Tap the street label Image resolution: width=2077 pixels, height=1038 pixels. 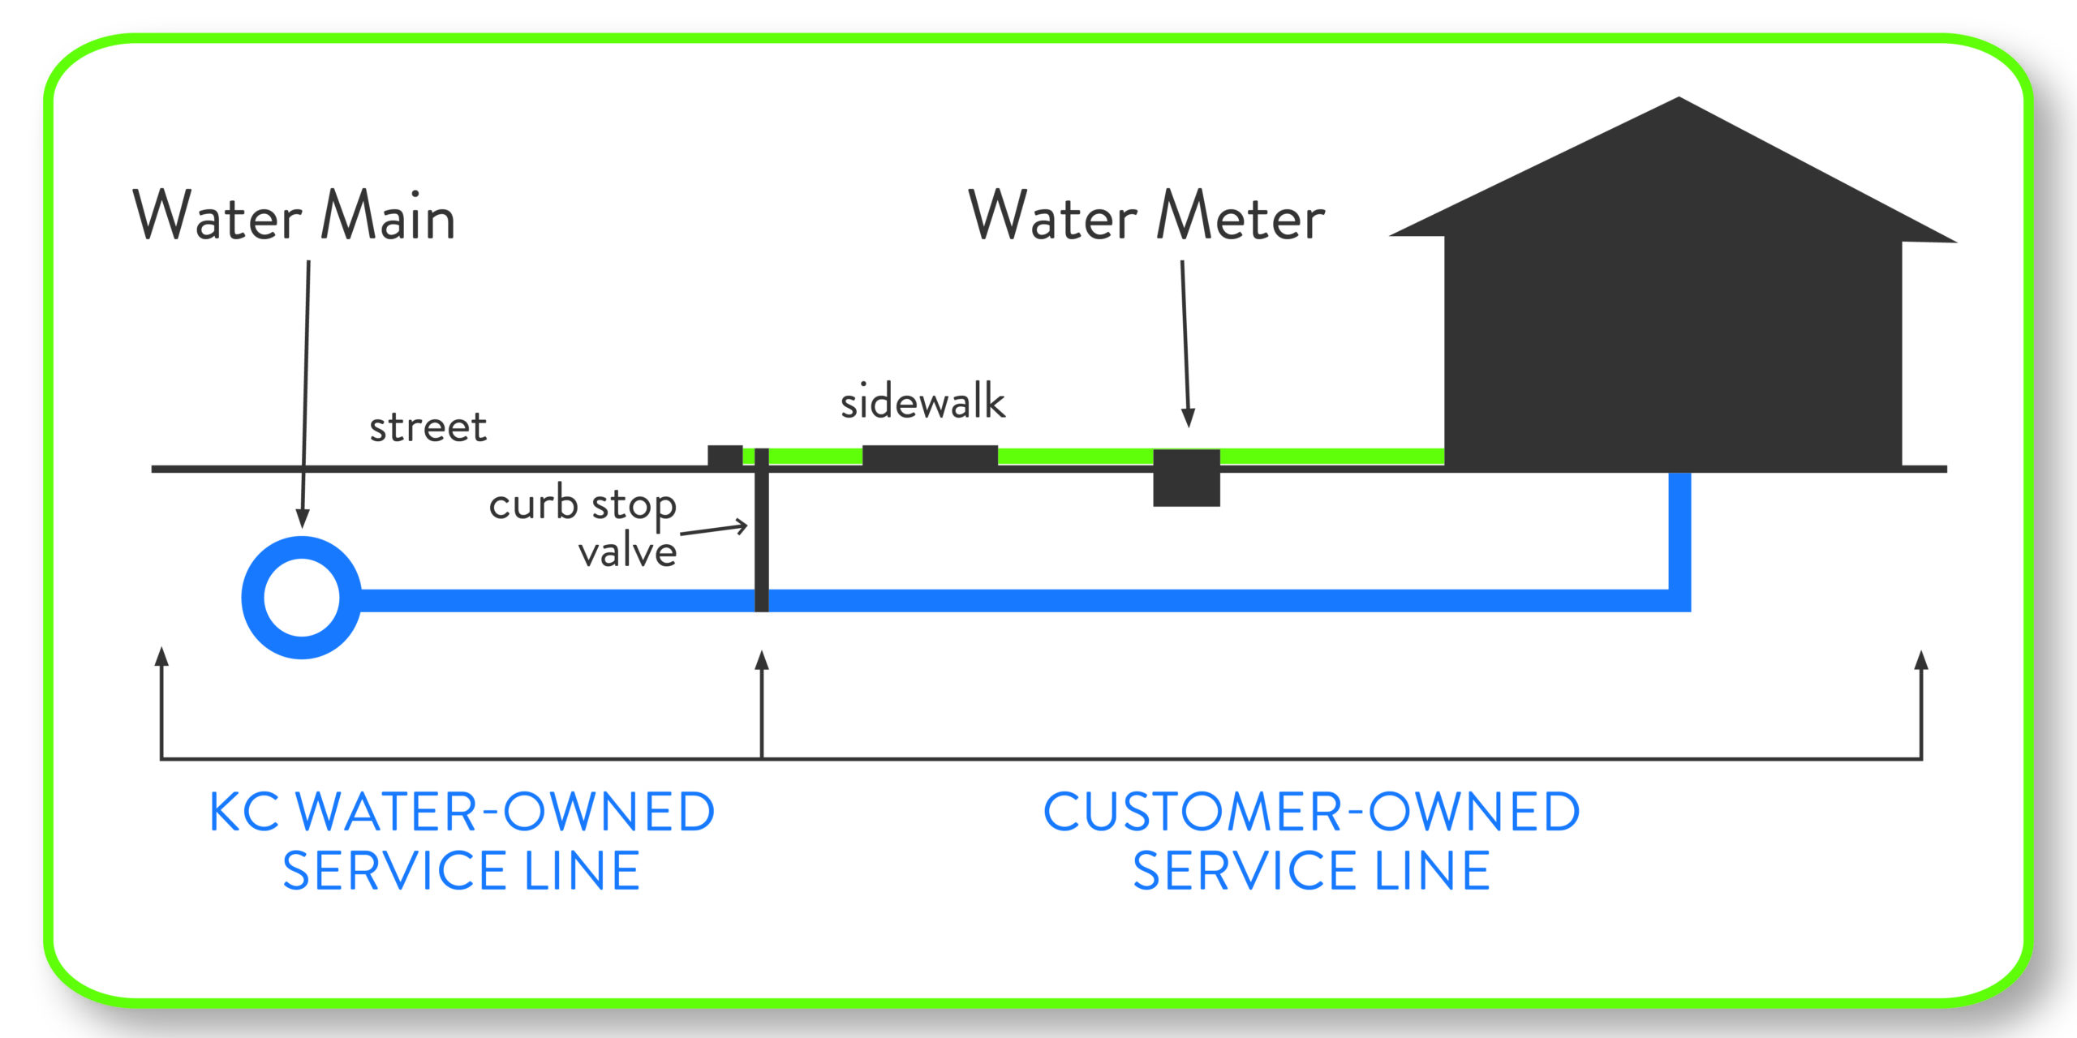coord(428,427)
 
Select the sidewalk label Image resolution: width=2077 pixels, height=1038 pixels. coord(922,401)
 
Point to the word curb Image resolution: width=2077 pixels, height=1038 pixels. coord(533,504)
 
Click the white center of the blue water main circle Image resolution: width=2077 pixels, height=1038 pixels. coord(302,598)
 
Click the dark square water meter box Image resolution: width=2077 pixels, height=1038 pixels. coord(1186,478)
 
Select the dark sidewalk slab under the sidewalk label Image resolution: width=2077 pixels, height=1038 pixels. coord(930,456)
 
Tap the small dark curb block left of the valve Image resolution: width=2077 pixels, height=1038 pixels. coord(725,456)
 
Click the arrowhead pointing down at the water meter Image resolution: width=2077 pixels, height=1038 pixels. coord(1188,418)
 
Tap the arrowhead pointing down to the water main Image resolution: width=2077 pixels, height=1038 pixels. coord(303,519)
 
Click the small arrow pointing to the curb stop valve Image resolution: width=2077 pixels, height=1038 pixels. coord(740,526)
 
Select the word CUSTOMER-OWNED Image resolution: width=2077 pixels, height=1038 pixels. coord(1311,812)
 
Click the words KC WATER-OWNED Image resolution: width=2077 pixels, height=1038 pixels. coord(462,812)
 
